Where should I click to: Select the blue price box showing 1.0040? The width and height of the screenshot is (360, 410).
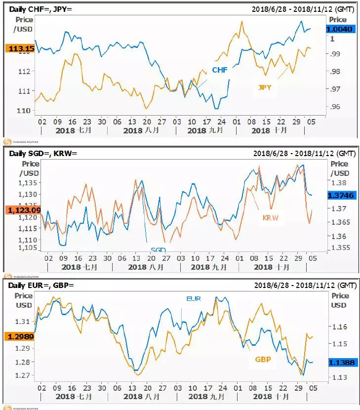coord(339,29)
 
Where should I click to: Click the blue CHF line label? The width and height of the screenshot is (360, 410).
coord(220,70)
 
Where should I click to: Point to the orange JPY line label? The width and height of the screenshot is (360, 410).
coord(265,87)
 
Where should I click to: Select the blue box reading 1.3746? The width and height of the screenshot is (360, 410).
coord(340,196)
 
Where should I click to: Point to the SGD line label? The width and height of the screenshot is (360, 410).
coord(158,250)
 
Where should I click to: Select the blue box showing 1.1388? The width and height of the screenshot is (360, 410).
coord(340,362)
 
